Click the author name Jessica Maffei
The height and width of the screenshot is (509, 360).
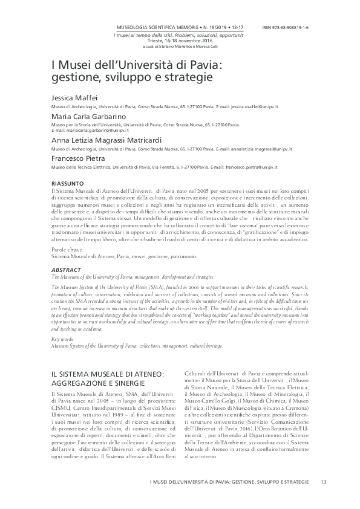73,98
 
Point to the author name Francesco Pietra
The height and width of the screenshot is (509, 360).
76,158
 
